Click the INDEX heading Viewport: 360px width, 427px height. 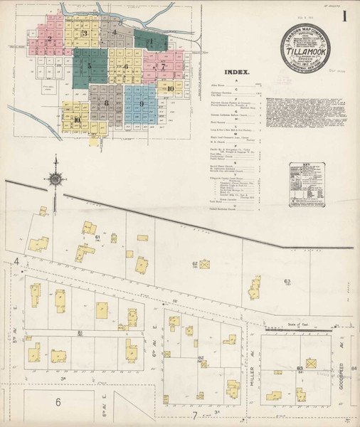point(238,72)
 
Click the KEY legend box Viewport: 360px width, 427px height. point(307,184)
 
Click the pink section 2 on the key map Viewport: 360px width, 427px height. point(50,41)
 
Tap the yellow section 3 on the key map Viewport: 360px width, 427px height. point(85,33)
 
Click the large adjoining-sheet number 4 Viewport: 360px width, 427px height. point(15,263)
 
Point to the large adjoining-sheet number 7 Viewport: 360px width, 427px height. point(193,415)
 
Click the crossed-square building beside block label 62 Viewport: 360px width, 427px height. point(204,265)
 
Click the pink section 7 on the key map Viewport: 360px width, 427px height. point(163,67)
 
